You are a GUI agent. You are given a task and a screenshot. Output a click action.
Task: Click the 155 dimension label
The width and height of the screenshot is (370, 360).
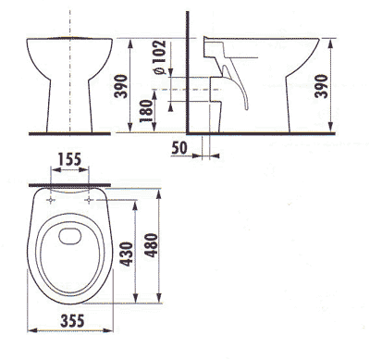pos(69,159)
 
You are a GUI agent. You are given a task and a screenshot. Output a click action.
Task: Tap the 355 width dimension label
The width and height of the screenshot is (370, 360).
pos(72,321)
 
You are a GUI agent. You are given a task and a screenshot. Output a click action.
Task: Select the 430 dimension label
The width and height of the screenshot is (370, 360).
pos(127,254)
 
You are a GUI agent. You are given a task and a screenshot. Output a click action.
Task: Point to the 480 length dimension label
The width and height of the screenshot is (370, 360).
pos(151,245)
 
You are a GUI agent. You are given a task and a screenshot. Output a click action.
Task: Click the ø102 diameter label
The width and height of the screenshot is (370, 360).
pos(160,57)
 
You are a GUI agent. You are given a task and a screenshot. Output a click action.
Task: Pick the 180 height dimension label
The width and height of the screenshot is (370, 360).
pos(146,111)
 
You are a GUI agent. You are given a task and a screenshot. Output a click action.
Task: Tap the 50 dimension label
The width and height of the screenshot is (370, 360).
pos(179,148)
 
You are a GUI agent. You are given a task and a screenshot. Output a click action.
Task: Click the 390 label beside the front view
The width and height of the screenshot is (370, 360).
pos(120,86)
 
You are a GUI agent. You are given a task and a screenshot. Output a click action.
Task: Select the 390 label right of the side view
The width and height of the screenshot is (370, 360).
pos(321,86)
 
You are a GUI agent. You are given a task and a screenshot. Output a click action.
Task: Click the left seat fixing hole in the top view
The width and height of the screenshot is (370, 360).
pos(51,201)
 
